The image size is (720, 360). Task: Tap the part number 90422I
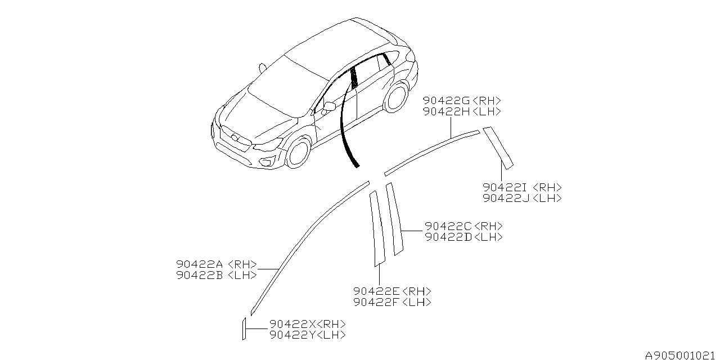pos(505,187)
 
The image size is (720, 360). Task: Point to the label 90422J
pos(506,198)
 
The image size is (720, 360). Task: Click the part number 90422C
pos(448,226)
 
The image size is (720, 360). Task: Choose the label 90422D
pos(448,237)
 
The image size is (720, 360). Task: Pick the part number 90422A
pos(200,264)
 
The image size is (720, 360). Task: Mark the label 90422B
pos(200,275)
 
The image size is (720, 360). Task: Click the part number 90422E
pos(376,291)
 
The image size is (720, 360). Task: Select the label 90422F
pos(376,302)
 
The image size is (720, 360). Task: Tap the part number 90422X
pos(293,323)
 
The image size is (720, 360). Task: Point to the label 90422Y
pos(293,335)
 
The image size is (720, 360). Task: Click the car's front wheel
pos(298,152)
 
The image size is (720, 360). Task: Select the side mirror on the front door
pos(328,107)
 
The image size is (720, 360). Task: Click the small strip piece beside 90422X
pos(244,328)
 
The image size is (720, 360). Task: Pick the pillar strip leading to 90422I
pos(498,148)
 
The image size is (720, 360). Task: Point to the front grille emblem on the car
pos(235,138)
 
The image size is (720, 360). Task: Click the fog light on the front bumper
pos(267,161)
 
